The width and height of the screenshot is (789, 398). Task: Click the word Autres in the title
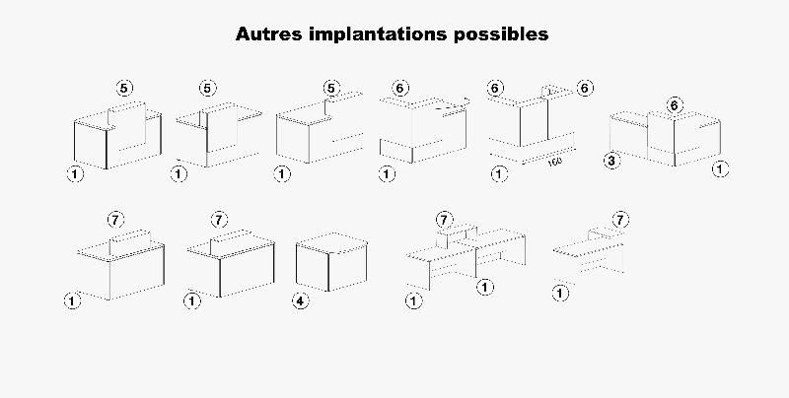click(x=270, y=33)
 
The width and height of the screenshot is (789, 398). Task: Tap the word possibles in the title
click(x=501, y=33)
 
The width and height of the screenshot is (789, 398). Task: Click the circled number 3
click(x=611, y=161)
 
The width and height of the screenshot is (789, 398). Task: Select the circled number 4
click(x=300, y=301)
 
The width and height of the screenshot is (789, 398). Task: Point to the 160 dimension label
click(x=554, y=160)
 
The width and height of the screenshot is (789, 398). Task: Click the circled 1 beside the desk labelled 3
click(x=720, y=169)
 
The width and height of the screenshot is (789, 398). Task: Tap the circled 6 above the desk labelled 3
click(x=675, y=104)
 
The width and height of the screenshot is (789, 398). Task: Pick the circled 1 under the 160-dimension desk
click(x=499, y=174)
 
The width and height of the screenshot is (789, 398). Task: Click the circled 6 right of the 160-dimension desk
click(x=584, y=89)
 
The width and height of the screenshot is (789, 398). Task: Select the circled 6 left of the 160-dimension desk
click(x=495, y=89)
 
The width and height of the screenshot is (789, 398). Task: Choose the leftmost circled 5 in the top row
click(x=123, y=88)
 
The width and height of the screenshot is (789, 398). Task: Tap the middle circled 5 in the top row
click(x=207, y=88)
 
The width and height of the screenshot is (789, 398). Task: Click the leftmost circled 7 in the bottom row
click(x=112, y=219)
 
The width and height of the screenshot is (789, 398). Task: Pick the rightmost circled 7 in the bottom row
click(x=620, y=219)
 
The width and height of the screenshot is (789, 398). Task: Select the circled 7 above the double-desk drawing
click(x=444, y=219)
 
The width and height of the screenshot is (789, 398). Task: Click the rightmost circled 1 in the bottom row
click(x=560, y=293)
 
